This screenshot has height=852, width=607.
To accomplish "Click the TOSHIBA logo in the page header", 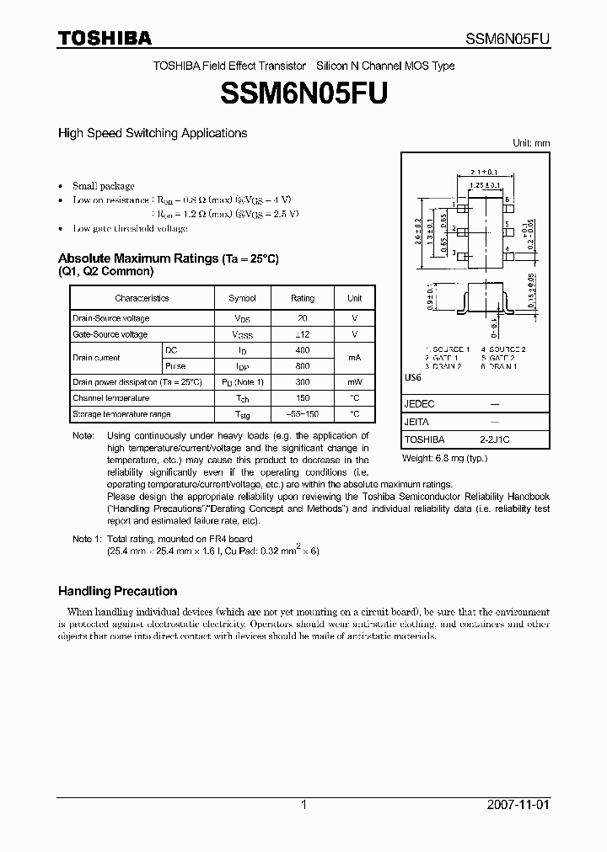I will point(105,38).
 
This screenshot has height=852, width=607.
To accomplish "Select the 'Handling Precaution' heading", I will point(117,591).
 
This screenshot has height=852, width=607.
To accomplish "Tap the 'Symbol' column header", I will point(243,298).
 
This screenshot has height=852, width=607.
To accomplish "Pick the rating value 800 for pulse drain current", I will point(303,366).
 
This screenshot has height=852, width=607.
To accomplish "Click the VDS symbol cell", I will point(243,319).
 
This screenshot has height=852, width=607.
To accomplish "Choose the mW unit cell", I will point(355,382).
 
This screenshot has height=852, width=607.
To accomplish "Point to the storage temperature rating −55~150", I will point(303,414).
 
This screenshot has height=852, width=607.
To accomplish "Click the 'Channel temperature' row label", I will point(110,398).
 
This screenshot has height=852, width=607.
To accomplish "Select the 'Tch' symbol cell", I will point(243,398).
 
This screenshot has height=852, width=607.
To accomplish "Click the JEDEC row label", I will point(420,404).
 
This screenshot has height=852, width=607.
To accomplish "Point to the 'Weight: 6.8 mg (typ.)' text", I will point(444,458).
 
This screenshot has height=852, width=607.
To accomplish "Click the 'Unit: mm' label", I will point(531,143).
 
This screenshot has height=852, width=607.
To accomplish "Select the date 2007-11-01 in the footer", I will point(518,805).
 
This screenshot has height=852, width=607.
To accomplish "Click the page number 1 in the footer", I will point(303,805).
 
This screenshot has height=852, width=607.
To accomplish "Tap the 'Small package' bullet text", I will point(103,186).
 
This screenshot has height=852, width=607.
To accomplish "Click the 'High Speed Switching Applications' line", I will point(152,133).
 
